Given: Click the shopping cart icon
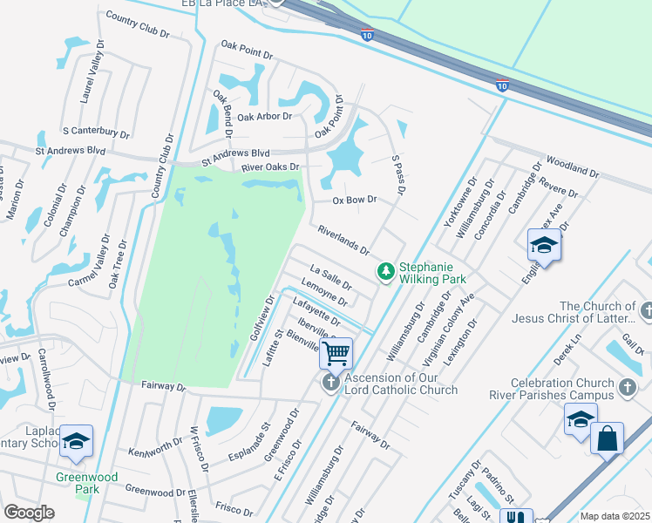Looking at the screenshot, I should [x=336, y=354].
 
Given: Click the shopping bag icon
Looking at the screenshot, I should [x=607, y=438].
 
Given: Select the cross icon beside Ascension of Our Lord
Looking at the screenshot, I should [x=330, y=384].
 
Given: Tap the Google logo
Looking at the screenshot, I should [x=29, y=513].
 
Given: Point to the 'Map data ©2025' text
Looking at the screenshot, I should [x=615, y=516].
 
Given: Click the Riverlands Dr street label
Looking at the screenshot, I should [x=343, y=240].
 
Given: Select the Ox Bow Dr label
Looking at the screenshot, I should [x=355, y=200].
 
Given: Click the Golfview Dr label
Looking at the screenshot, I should [x=262, y=317].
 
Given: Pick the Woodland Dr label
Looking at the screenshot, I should [x=572, y=167].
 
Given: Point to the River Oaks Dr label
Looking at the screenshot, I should [x=270, y=166].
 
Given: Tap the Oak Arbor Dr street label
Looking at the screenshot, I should [x=264, y=116].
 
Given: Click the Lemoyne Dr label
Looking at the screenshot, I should [x=323, y=292].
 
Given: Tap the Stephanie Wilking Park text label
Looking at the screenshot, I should [x=432, y=273].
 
